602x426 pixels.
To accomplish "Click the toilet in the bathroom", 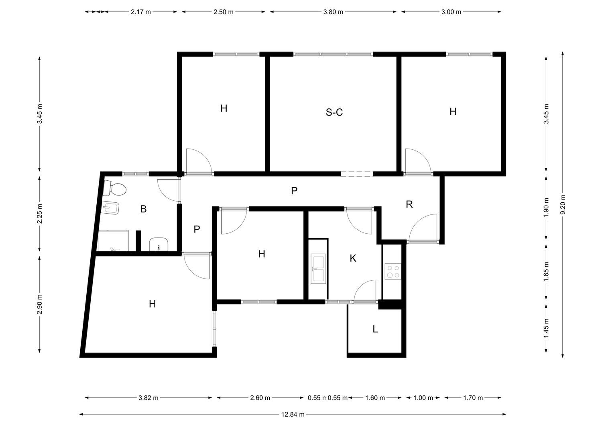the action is (x=114, y=188).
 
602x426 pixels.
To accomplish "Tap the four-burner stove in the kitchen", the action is (x=393, y=272).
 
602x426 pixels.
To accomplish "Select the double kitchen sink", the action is (x=319, y=269).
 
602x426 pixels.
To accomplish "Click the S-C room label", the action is (x=334, y=112).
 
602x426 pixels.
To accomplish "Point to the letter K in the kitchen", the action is (x=353, y=259).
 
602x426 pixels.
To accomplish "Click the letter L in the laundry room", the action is (x=375, y=329).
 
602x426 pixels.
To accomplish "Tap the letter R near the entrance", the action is (x=409, y=204).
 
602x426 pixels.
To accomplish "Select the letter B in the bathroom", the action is (x=143, y=209).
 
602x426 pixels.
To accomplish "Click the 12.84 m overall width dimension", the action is (x=293, y=414).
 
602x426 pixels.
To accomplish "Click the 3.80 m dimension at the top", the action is (x=333, y=12).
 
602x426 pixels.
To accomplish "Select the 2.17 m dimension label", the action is (x=141, y=12).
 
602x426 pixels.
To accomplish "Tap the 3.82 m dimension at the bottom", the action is (x=148, y=398).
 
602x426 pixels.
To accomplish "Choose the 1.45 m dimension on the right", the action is (x=546, y=329).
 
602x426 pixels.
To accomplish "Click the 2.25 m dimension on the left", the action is (x=40, y=214).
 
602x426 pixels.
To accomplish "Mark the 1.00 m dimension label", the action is (x=423, y=398).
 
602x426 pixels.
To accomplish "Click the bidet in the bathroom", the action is (x=110, y=208).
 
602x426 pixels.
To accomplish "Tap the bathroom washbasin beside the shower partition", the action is (x=159, y=244).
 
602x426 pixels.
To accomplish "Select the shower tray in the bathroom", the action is (x=113, y=241).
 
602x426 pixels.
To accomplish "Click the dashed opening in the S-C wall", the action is (x=357, y=174).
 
